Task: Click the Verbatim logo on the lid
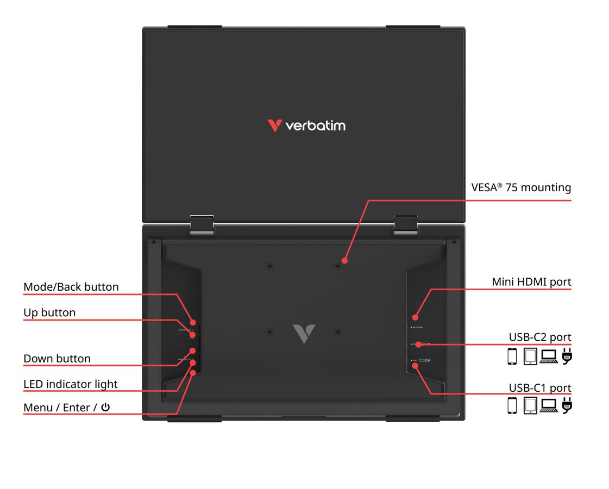pos(306,126)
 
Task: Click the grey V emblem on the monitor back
pos(304,334)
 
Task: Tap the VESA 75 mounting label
pos(521,188)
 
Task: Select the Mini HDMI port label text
pos(531,282)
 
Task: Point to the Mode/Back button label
pos(71,287)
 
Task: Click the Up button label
pos(49,312)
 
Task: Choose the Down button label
pos(57,359)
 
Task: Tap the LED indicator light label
pos(71,384)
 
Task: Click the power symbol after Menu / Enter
pos(105,407)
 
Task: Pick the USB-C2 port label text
pos(540,337)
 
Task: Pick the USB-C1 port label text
pos(540,388)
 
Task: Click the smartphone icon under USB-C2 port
pos(512,356)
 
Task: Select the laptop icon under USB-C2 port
pos(549,356)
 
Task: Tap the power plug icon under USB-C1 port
pos(567,406)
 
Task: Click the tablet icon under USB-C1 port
pos(530,406)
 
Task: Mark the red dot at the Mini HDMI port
pos(415,317)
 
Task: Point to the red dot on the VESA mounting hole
pos(344,261)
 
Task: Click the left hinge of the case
pos(202,224)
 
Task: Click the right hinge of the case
pos(405,224)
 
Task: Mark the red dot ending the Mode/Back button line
pos(193,323)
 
